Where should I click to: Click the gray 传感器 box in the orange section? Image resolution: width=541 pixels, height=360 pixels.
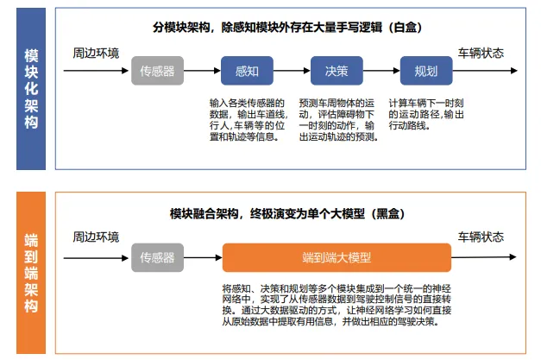(157, 257)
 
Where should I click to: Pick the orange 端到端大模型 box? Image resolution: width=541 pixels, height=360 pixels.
(337, 257)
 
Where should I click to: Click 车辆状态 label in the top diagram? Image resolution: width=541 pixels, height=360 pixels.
(481, 54)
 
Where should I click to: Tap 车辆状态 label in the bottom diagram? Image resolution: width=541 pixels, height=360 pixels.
(481, 237)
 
